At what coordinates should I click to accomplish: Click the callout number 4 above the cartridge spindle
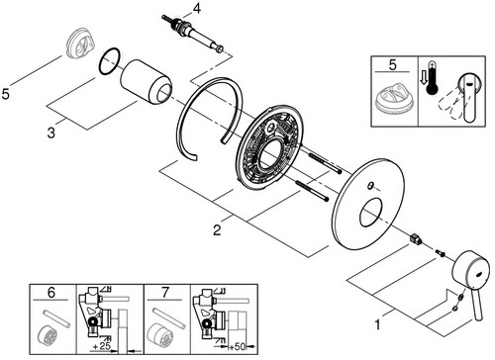(x=196, y=9)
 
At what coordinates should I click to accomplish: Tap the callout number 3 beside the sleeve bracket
(x=51, y=134)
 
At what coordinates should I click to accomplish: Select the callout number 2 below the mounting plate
(x=217, y=229)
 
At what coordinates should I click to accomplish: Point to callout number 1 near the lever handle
(x=377, y=325)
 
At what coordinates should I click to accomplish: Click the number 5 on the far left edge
(x=6, y=94)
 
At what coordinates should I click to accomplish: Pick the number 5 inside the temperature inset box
(x=392, y=65)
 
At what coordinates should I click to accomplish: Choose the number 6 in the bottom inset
(x=51, y=293)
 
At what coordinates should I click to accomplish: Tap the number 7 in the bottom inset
(x=165, y=293)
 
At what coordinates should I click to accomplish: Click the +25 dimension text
(x=101, y=347)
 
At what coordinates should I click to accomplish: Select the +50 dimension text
(x=238, y=347)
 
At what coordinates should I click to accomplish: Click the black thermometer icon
(x=432, y=78)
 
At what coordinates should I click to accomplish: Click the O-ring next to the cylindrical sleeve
(x=109, y=60)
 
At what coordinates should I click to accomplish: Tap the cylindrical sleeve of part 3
(x=146, y=82)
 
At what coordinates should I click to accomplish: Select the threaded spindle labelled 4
(x=192, y=33)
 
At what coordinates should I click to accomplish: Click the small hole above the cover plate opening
(x=370, y=186)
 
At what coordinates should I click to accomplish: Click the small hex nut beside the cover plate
(x=415, y=238)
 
